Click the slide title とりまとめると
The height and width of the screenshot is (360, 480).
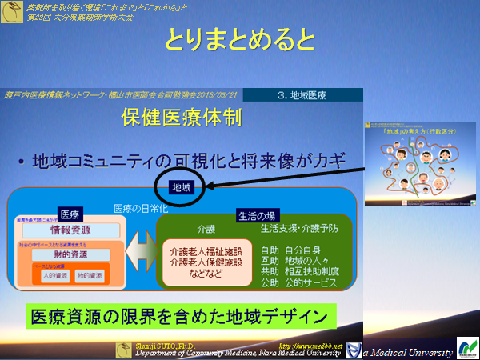[239, 39]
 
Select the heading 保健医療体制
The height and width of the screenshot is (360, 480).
[180, 118]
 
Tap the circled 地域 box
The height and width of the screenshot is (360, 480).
[181, 187]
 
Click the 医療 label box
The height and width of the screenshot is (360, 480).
[70, 214]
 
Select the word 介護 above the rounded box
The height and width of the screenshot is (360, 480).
[183, 228]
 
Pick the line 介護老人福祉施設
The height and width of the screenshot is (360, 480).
[200, 251]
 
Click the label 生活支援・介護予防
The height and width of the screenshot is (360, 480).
[299, 229]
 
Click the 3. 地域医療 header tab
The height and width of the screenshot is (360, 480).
[300, 95]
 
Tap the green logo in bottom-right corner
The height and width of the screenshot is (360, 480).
[466, 347]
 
